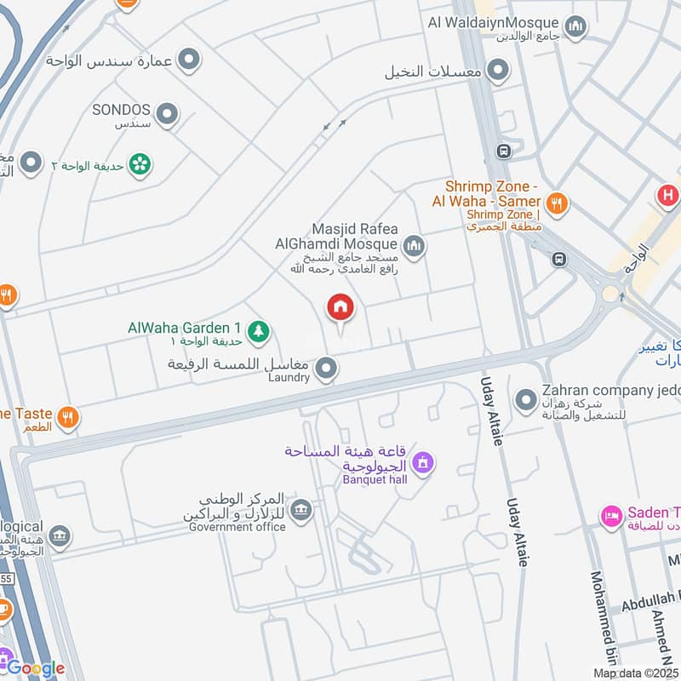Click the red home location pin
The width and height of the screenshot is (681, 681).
[340, 307]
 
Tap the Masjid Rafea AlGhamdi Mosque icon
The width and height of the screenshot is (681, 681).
[414, 247]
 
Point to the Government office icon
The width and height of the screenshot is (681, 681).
[300, 511]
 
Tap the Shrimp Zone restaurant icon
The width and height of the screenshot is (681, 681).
[557, 203]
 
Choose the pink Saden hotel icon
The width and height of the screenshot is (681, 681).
[610, 516]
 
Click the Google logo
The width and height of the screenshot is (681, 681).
[36, 668]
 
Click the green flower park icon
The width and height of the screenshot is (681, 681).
[140, 163]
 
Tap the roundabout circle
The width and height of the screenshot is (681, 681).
[610, 295]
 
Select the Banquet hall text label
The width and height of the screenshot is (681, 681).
[375, 479]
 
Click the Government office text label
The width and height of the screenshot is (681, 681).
[237, 527]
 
